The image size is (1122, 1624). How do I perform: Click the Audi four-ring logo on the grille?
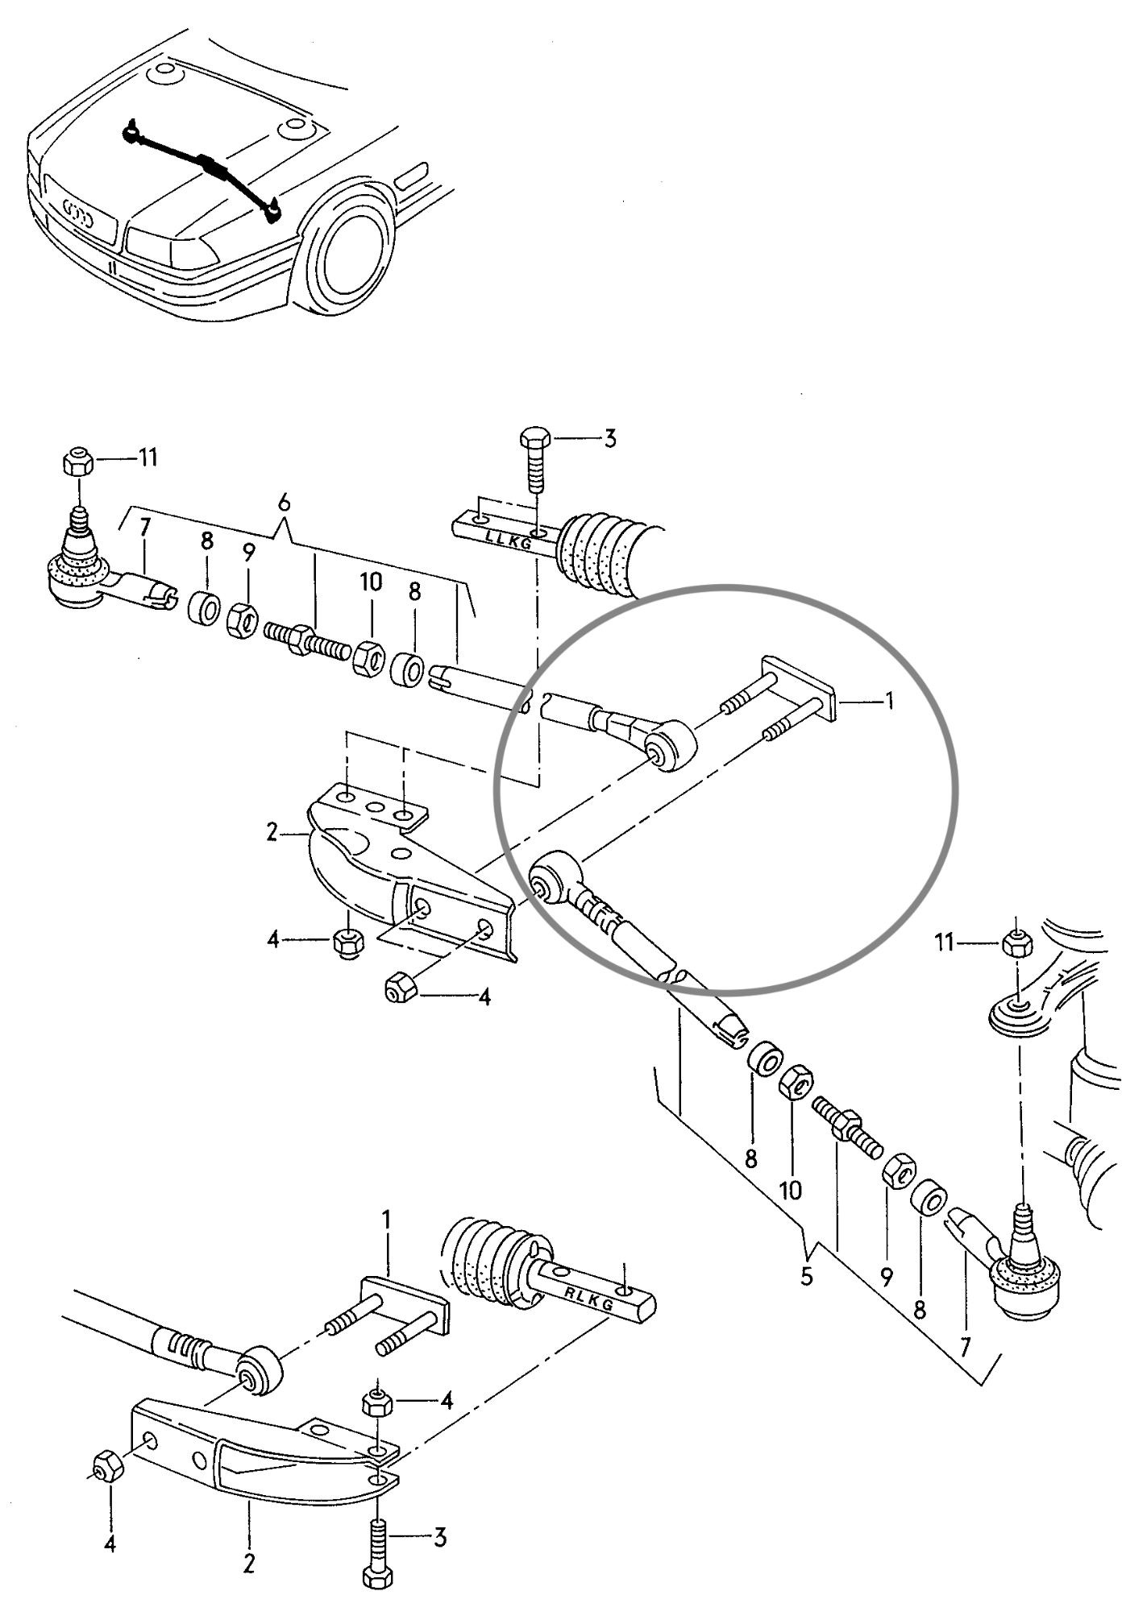pyautogui.click(x=79, y=216)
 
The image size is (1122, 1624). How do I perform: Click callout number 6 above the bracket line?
pyautogui.click(x=284, y=502)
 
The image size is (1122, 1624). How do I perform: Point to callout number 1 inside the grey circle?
pyautogui.click(x=890, y=701)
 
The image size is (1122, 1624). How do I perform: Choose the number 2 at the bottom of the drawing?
pyautogui.click(x=249, y=1564)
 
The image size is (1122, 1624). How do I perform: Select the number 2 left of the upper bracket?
pyautogui.click(x=272, y=832)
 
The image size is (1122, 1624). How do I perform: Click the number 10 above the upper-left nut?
pyautogui.click(x=371, y=582)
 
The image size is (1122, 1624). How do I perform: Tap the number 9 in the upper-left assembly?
pyautogui.click(x=248, y=553)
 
